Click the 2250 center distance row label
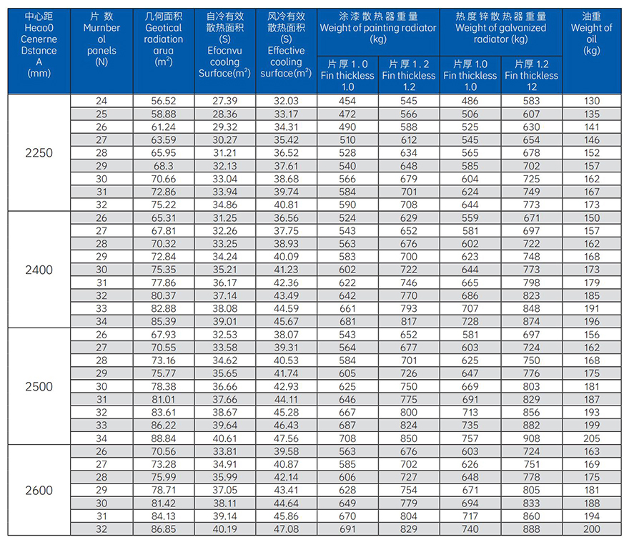(x=39, y=153)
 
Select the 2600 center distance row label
(x=39, y=490)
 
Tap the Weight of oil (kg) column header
(x=592, y=34)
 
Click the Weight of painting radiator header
(x=378, y=28)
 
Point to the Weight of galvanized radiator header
(x=500, y=28)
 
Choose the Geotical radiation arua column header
(x=163, y=39)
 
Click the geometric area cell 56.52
(x=163, y=101)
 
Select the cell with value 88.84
(x=163, y=438)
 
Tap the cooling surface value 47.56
(x=286, y=438)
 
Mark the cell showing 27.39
(x=224, y=101)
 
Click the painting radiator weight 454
(x=347, y=101)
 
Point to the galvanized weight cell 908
(x=532, y=438)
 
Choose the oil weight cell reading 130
(x=592, y=101)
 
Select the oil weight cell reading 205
(x=592, y=438)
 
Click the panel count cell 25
(x=101, y=114)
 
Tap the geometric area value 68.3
(x=163, y=166)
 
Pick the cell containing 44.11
(x=286, y=400)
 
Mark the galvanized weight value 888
(x=532, y=529)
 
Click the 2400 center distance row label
(x=39, y=270)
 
